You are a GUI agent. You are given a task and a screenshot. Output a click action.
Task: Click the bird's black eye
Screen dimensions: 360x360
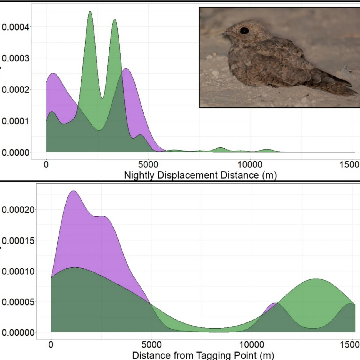(244, 31)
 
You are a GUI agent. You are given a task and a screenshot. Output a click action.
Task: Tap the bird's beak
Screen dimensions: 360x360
(224, 34)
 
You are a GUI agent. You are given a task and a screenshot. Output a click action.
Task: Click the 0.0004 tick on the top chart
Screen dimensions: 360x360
(16, 27)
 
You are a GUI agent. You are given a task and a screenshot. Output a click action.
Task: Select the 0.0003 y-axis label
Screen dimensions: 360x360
(16, 59)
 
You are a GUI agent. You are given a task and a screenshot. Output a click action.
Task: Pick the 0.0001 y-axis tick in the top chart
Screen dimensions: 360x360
(16, 121)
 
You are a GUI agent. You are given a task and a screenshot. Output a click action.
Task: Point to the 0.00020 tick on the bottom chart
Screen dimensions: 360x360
(18, 210)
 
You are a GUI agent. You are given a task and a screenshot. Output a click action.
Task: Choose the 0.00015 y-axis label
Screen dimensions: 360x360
(18, 241)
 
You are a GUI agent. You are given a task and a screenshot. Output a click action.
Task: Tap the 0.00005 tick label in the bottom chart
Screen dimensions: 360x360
(18, 302)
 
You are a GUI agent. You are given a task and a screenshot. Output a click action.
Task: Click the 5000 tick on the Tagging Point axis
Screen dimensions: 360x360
(151, 345)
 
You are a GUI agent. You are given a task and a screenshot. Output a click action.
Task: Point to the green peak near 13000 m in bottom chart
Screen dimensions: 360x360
(316, 279)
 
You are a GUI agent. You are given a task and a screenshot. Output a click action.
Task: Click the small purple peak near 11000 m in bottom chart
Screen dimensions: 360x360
(274, 304)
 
